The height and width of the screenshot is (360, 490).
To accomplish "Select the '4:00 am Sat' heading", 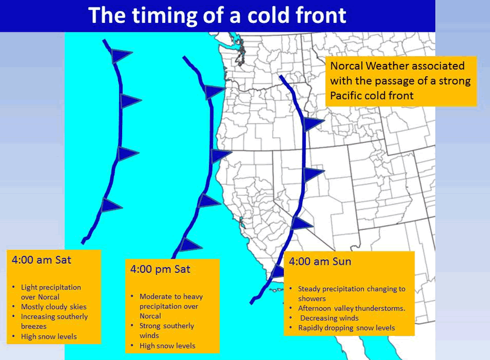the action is coord(41,260).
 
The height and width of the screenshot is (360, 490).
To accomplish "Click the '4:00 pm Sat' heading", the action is coord(160,269).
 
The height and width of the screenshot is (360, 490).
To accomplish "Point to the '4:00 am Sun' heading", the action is coord(320,261).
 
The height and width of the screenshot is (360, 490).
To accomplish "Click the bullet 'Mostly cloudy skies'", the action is coord(54,307).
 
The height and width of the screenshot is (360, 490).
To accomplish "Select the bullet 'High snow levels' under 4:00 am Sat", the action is coord(49,336).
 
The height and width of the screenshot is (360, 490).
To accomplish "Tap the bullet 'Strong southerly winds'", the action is coord(166,331).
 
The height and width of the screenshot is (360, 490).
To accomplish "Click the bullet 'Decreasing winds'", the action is coord(329,318).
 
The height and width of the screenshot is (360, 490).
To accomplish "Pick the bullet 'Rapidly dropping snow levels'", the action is coord(347,328).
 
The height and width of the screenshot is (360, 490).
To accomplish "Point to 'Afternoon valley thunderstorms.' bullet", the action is coord(352,308).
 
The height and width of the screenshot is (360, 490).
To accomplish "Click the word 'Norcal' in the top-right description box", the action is coord(347,66).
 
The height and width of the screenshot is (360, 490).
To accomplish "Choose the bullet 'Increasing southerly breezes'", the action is coord(54,321).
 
